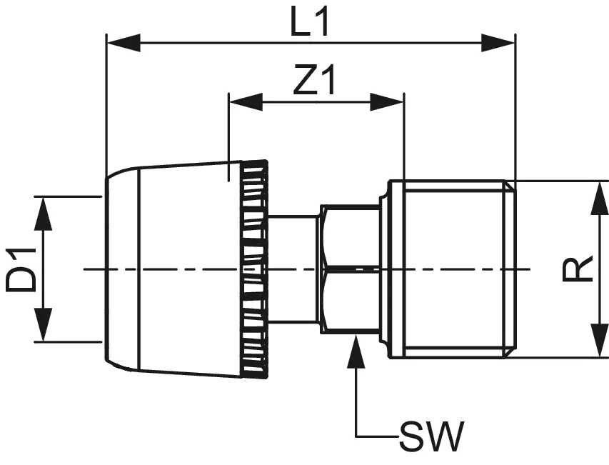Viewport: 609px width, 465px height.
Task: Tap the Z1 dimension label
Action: coord(314,83)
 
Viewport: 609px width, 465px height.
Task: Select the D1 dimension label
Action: coord(22,269)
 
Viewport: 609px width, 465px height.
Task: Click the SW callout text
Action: coord(432,436)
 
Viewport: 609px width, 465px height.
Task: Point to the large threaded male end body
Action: coord(450,269)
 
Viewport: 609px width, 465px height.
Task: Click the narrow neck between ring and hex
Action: coord(293,269)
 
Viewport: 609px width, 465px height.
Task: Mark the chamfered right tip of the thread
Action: coord(510,269)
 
